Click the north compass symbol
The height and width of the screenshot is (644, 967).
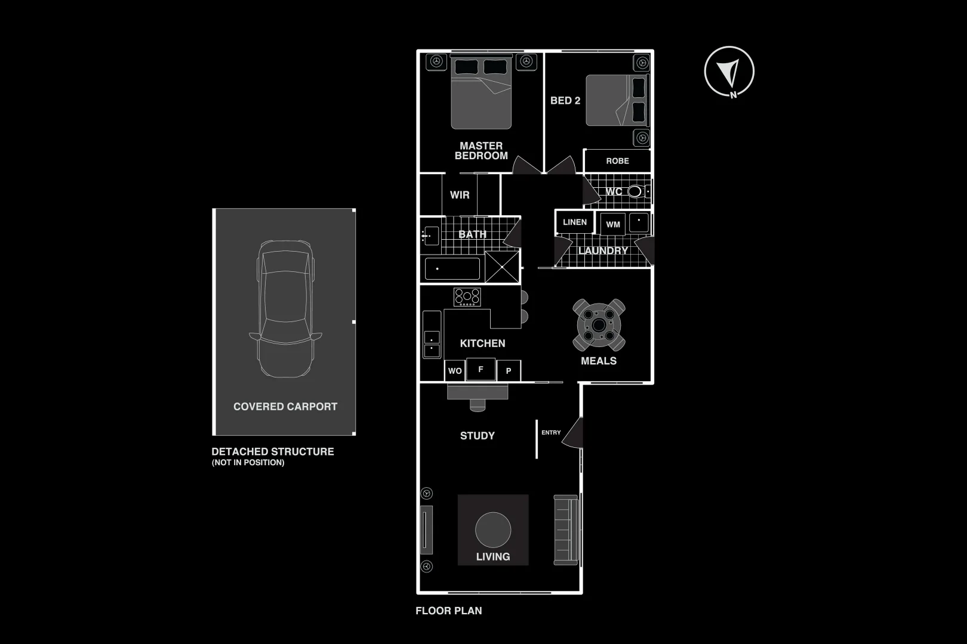[x=729, y=72]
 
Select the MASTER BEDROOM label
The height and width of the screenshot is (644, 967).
[x=481, y=151]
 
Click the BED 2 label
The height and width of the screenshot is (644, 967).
[x=565, y=101]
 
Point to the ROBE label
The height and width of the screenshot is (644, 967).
[x=617, y=161]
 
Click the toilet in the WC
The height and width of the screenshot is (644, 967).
[x=635, y=191]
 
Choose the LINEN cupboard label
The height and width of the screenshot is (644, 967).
[x=575, y=222]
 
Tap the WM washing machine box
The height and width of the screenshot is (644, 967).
[x=613, y=225]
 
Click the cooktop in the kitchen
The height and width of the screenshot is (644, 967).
[x=467, y=296]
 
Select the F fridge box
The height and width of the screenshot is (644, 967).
[x=481, y=370]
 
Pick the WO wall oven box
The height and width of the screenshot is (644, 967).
[x=455, y=371]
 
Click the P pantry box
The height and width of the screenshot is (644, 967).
[x=509, y=371]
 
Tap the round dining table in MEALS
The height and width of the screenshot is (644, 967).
[x=598, y=325]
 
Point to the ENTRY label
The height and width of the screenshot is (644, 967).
[x=551, y=433]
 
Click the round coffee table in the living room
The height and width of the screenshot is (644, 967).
[x=493, y=530]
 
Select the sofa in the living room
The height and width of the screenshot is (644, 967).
[x=566, y=530]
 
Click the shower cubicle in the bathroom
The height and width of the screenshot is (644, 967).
[x=502, y=267]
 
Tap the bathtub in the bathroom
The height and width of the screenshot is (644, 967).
[x=452, y=269]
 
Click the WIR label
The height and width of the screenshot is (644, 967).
[x=460, y=195]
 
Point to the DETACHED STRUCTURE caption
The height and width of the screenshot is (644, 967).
[x=273, y=452]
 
